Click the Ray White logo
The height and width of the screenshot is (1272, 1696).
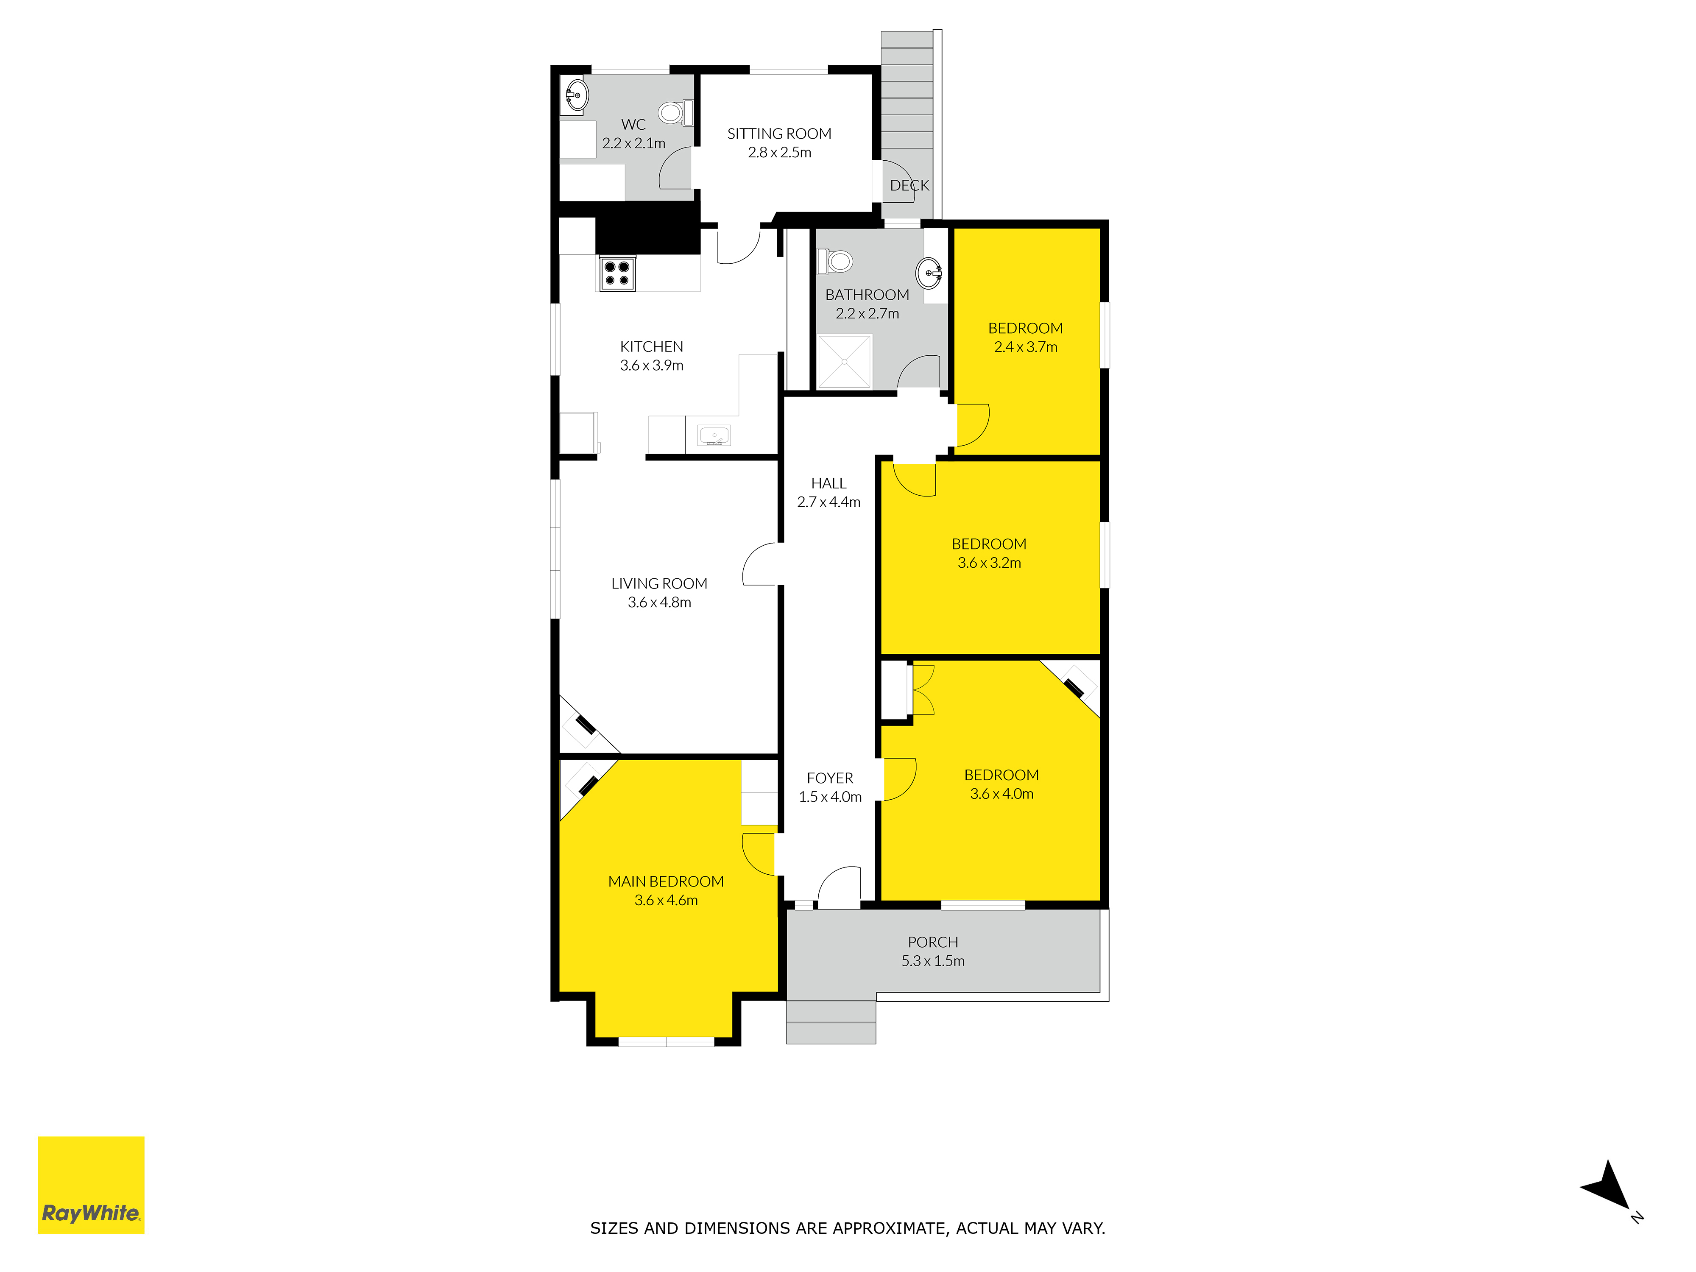click(91, 1185)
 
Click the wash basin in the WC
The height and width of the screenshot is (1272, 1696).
click(576, 96)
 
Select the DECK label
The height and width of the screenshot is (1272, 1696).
click(909, 186)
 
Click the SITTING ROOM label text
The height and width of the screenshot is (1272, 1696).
click(779, 134)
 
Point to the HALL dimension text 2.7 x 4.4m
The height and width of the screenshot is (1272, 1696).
click(829, 502)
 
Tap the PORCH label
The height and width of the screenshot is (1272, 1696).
click(933, 942)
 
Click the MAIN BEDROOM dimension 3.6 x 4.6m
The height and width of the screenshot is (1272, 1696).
click(666, 900)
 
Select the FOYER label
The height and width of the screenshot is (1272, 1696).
click(830, 778)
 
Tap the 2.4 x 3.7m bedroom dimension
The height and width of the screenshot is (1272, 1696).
click(1026, 347)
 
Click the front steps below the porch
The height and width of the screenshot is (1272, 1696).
click(831, 1022)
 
